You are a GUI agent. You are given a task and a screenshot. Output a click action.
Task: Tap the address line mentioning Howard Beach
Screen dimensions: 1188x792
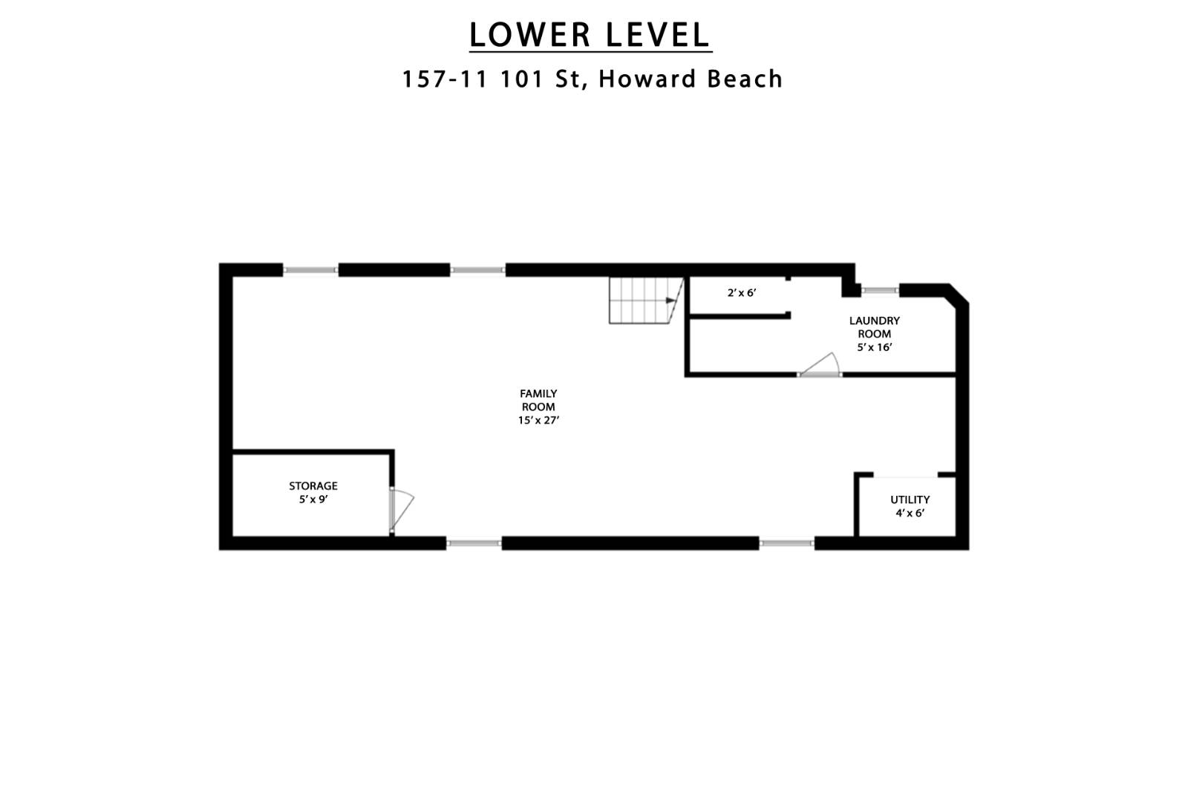coord(593,79)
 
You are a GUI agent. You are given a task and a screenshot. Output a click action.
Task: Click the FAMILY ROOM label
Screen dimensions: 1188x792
coord(538,400)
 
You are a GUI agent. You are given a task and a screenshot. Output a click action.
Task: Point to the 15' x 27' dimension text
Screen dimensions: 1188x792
coord(539,420)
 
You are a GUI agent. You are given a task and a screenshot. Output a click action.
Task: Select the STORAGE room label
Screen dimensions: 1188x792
coord(313,485)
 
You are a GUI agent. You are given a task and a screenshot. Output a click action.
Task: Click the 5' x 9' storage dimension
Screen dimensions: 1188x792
coord(314,500)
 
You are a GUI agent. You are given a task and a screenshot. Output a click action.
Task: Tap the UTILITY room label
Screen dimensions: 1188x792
coord(910,500)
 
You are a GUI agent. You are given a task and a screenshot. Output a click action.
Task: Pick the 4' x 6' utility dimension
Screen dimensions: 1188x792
coord(910,513)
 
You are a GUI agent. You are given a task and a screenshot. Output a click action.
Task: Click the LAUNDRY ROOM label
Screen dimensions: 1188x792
coord(875,327)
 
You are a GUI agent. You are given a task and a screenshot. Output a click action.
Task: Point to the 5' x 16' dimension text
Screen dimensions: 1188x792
coord(875,347)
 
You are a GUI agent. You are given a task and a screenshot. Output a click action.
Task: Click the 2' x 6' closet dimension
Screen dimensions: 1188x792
coord(742,292)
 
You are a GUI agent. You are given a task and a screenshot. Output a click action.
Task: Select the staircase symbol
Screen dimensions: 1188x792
coord(646,301)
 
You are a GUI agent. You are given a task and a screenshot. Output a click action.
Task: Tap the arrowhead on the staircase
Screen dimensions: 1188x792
coord(671,301)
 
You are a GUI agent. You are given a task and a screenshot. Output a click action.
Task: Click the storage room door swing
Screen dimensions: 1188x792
coord(402,509)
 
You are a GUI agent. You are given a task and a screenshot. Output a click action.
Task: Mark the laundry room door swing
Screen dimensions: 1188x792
coord(820,365)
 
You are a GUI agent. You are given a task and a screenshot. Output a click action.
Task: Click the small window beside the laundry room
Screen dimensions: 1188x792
coord(880,290)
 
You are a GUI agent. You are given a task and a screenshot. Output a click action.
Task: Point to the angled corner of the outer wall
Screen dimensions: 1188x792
coord(959,295)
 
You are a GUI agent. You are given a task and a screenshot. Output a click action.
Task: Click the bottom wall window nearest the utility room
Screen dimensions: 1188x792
coord(786,543)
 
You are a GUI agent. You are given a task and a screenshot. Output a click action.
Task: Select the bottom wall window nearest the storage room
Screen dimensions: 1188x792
coord(474,543)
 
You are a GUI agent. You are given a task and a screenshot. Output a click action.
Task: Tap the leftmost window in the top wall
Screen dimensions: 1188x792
coord(311,270)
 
